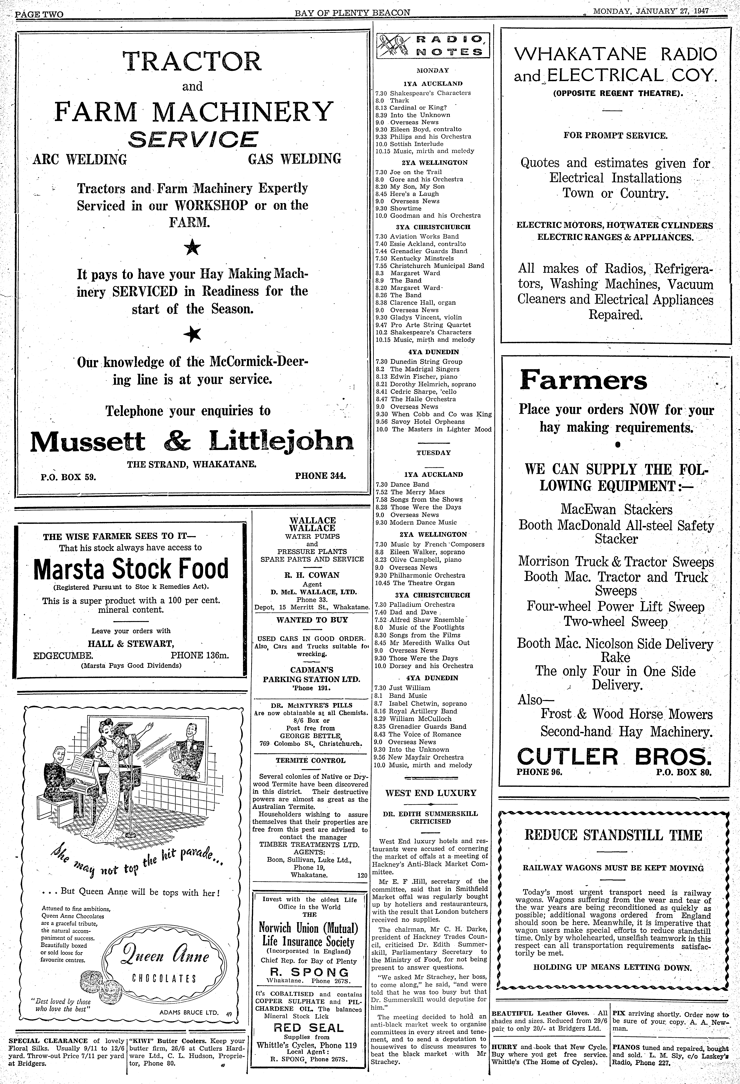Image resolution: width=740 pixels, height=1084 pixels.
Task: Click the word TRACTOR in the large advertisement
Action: [x=192, y=62]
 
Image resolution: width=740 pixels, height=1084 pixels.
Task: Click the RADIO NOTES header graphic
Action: [x=432, y=46]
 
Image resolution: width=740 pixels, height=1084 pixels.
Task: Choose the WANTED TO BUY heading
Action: [x=312, y=620]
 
